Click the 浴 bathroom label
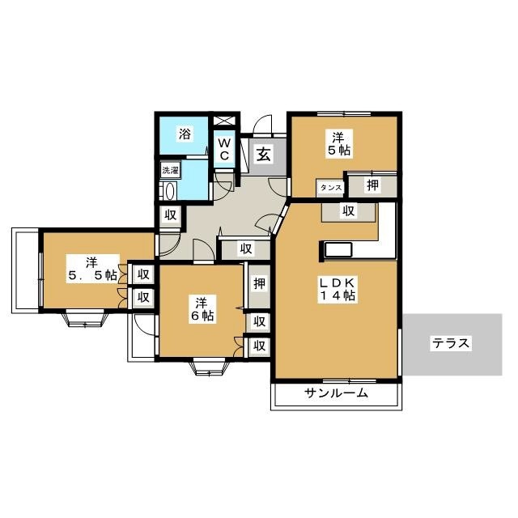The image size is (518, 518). pos(185,134)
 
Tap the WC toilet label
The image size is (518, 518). pos(224,150)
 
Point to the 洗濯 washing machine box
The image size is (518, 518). pos(171,171)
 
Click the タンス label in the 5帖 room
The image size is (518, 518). pos(331,188)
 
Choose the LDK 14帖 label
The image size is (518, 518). pos(337,290)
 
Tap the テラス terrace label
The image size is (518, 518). pos(451,343)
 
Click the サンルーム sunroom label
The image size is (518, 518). pos(337,393)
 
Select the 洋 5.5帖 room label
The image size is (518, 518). pos(92,268)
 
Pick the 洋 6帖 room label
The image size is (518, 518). pos(202,309)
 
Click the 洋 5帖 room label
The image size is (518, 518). pos(338,143)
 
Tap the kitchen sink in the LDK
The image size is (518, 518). pos(338,250)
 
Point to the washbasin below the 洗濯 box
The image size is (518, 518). pos(169,191)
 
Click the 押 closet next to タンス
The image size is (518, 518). pos(373,185)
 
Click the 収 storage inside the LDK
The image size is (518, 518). pos(349,211)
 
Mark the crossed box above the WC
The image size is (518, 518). pos(224,121)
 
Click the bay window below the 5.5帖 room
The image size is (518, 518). pos(86,318)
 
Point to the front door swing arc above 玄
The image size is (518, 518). pos(262,125)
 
